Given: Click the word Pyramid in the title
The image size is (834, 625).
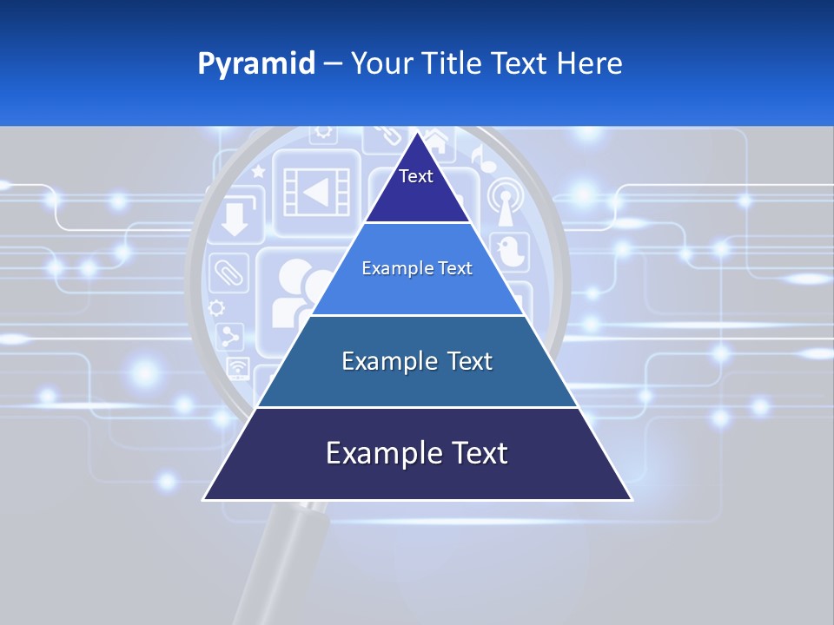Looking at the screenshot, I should click(x=255, y=63).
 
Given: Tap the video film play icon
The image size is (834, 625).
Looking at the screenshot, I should click(x=316, y=191).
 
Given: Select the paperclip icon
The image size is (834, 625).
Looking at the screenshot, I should click(x=228, y=271).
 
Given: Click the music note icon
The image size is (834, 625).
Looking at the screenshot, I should click(x=479, y=157).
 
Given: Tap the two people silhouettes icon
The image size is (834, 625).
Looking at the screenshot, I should click(x=294, y=292).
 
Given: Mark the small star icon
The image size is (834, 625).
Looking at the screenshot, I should click(x=258, y=172).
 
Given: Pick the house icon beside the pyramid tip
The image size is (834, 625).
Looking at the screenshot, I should click(x=437, y=141).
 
